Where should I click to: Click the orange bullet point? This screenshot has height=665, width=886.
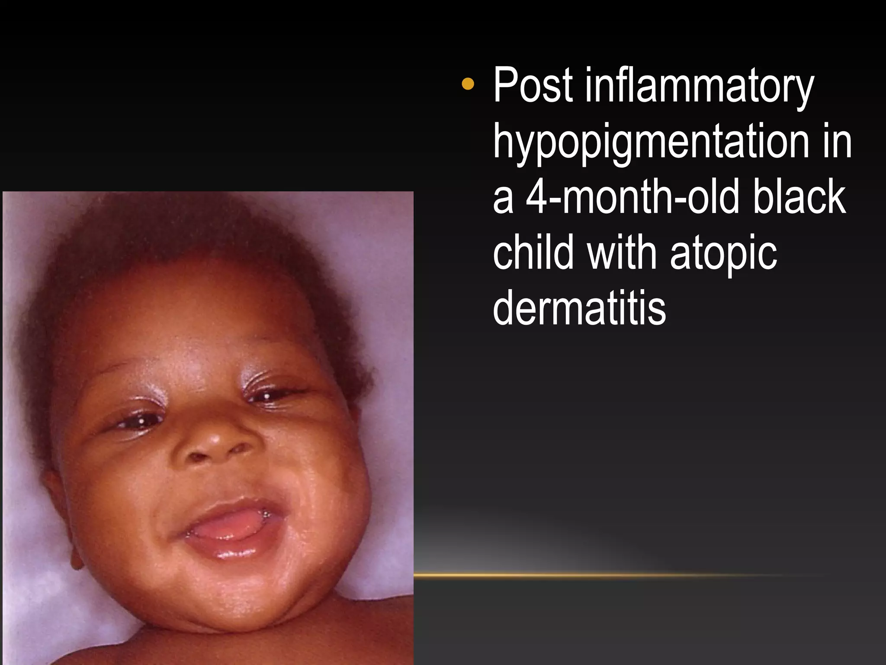(468, 84)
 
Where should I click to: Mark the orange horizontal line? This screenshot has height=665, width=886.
(606, 575)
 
